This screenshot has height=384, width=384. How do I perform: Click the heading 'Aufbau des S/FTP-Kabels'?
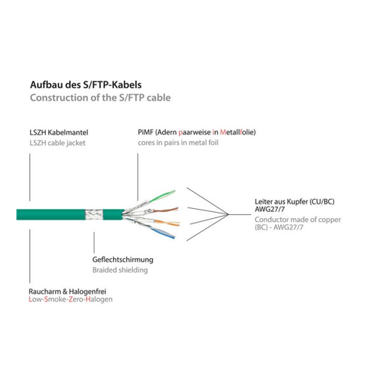click(x=86, y=85)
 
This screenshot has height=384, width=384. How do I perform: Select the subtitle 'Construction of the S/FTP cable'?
click(x=101, y=98)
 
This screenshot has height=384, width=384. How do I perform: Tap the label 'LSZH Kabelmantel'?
click(x=58, y=133)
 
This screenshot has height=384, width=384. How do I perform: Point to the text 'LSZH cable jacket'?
click(x=58, y=143)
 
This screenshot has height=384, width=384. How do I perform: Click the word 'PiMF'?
click(x=145, y=132)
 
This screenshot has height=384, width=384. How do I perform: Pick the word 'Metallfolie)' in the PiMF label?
click(x=238, y=132)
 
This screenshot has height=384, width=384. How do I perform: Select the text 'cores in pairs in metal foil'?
click(x=178, y=143)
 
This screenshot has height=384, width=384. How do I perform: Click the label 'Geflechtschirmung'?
click(x=123, y=260)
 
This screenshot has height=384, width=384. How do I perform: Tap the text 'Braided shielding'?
click(x=120, y=270)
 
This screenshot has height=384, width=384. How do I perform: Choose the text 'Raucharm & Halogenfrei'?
click(x=68, y=291)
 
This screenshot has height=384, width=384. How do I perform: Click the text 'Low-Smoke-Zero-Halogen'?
click(x=71, y=300)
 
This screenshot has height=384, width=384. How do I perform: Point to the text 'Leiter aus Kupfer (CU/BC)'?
click(x=294, y=202)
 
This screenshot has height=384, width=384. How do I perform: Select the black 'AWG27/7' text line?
click(x=270, y=210)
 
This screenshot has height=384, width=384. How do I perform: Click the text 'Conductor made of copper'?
click(x=298, y=220)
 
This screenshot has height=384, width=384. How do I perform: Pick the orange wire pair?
click(x=167, y=223)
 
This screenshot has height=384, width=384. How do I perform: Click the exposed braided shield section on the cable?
click(x=94, y=214)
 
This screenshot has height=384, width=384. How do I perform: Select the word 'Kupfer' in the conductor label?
click(x=297, y=202)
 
